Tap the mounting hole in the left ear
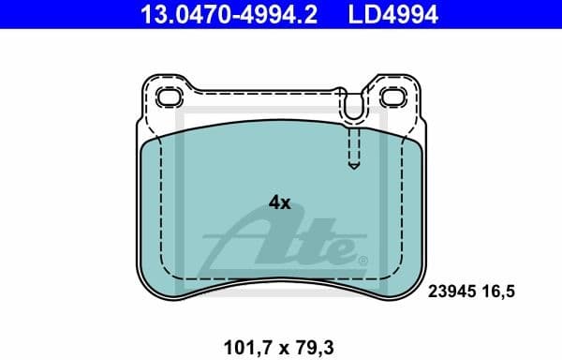coord(170,97)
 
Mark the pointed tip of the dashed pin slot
coord(353,168)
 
